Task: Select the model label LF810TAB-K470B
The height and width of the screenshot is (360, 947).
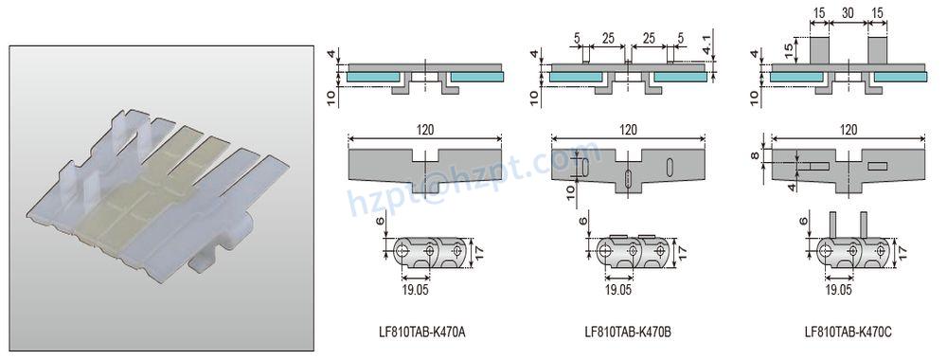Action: click(x=629, y=332)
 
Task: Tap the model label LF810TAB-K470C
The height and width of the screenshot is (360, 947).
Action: click(x=848, y=332)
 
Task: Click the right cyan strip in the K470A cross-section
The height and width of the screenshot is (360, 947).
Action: click(x=476, y=75)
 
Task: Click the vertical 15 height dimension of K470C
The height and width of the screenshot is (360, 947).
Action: click(x=787, y=49)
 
